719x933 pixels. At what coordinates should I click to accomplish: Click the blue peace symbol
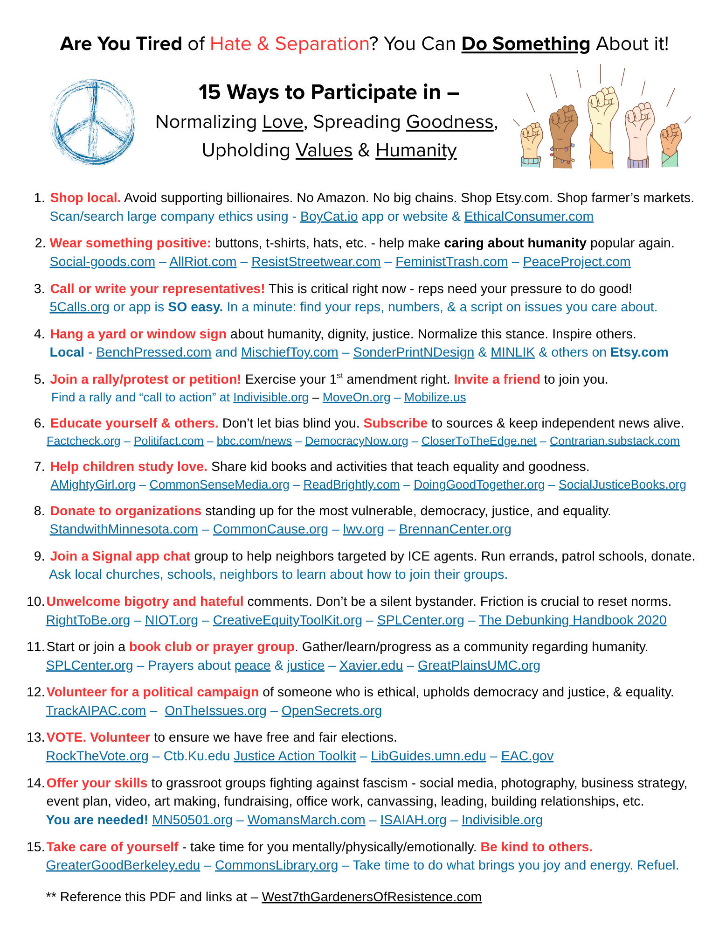pyautogui.click(x=92, y=122)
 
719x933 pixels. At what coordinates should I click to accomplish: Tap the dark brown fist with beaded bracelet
pyautogui.click(x=563, y=135)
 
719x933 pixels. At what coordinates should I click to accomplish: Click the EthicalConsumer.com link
pyautogui.click(x=528, y=217)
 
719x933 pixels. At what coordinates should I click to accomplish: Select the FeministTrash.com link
pyautogui.click(x=451, y=262)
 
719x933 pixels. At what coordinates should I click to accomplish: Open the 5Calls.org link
pyautogui.click(x=79, y=307)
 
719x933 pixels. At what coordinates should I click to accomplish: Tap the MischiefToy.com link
pyautogui.click(x=289, y=352)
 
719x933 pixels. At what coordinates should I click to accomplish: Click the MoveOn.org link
pyautogui.click(x=356, y=397)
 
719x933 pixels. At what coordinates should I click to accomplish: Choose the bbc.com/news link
pyautogui.click(x=254, y=441)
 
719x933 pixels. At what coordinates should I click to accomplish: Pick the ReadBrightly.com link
pyautogui.click(x=351, y=485)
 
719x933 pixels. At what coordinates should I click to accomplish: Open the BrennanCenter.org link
pyautogui.click(x=455, y=529)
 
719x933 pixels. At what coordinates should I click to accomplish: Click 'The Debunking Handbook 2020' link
pyautogui.click(x=572, y=620)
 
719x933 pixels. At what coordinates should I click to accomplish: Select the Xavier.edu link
pyautogui.click(x=371, y=666)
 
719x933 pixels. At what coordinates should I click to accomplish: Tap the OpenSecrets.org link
pyautogui.click(x=331, y=711)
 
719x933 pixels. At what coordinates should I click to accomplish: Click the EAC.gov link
pyautogui.click(x=527, y=756)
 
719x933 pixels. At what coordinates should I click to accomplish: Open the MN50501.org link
pyautogui.click(x=192, y=820)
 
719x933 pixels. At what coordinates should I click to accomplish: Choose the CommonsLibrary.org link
pyautogui.click(x=276, y=865)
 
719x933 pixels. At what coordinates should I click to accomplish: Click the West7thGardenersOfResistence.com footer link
pyautogui.click(x=371, y=897)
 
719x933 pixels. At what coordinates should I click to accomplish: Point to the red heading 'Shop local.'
pyautogui.click(x=85, y=198)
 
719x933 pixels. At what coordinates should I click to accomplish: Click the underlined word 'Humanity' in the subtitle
pyautogui.click(x=415, y=150)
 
